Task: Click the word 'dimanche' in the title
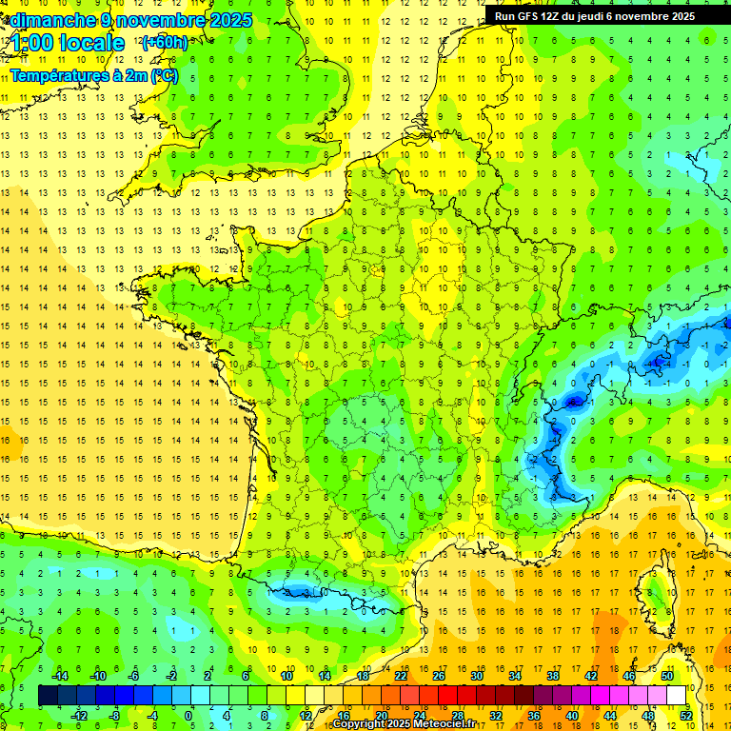48,20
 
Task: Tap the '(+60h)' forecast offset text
164,42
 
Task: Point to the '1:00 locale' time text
68,43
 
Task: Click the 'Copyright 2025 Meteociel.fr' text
404,724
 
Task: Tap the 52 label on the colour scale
685,716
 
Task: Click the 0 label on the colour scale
188,716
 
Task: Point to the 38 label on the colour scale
551,675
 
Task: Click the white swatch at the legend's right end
677,696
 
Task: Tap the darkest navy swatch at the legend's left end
48,696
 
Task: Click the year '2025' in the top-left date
232,20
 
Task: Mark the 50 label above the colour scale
666,675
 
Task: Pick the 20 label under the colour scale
380,716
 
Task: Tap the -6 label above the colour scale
134,675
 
